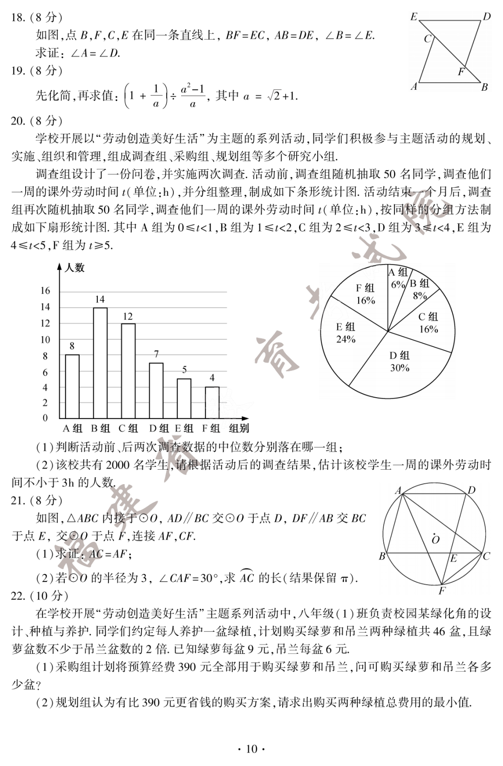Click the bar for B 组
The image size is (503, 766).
tap(100, 363)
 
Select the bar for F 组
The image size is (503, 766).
tap(212, 402)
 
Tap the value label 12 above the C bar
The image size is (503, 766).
tap(128, 317)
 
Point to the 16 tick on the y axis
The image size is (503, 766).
tap(45, 291)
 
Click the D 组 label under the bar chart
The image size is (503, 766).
tap(159, 428)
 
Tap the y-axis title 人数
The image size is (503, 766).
tap(75, 268)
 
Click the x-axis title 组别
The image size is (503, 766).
tap(239, 428)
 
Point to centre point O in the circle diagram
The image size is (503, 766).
tap(436, 540)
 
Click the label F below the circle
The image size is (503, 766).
tap(442, 591)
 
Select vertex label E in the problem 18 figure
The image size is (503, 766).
tap(414, 17)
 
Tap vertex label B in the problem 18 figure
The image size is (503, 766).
tap(484, 87)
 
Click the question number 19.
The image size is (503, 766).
tap(18, 71)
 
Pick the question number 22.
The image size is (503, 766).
tap(18, 596)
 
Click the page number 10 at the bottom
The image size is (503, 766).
tap(251, 749)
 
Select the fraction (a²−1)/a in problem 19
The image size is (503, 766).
tap(192, 96)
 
